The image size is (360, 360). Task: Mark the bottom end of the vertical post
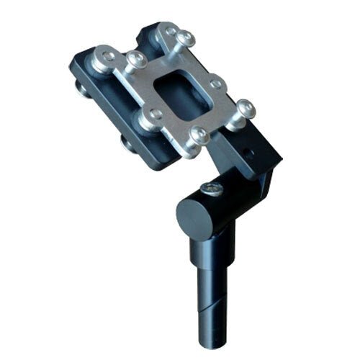click(x=216, y=338)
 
